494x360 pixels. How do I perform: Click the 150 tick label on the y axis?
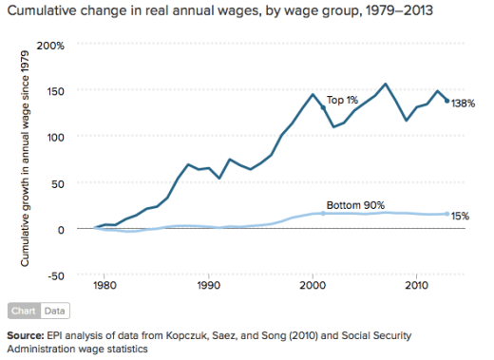pyautogui.click(x=52, y=90)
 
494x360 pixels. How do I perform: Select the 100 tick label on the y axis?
pyautogui.click(x=52, y=137)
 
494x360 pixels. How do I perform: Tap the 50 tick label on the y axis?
pyautogui.click(x=55, y=183)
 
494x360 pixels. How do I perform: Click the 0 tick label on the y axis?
pyautogui.click(x=59, y=229)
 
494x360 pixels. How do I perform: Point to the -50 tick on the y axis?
pyautogui.click(x=53, y=275)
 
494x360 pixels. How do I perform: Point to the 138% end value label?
pyautogui.click(x=464, y=102)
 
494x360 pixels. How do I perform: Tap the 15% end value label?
pyautogui.click(x=461, y=216)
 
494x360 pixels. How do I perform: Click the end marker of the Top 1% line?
pyautogui.click(x=447, y=101)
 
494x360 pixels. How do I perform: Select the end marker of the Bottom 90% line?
pyautogui.click(x=447, y=214)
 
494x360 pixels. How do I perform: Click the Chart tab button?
pyautogui.click(x=24, y=310)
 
